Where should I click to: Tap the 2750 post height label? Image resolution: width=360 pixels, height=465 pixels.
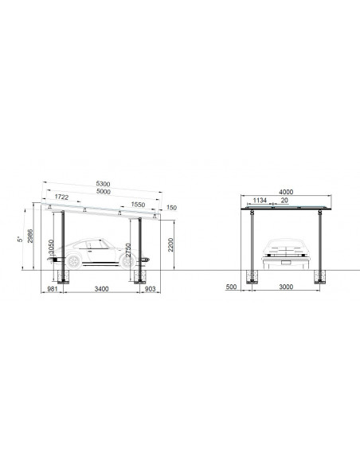coord(127,254)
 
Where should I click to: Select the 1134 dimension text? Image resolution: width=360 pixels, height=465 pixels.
coord(260,201)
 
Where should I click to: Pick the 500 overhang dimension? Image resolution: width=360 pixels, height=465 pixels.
coord(232,289)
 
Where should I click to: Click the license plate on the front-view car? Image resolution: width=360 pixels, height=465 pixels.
coord(287,256)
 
